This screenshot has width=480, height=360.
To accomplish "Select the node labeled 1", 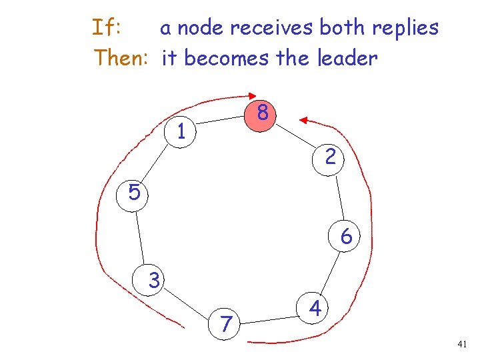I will point(181,131).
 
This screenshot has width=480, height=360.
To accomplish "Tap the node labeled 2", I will point(330,157).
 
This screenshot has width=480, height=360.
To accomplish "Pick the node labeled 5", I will point(134,193).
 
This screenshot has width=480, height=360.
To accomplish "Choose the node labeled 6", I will point(346,237).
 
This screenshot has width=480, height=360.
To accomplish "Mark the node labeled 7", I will point(227,324).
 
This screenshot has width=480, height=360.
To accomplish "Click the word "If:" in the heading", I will point(107,28).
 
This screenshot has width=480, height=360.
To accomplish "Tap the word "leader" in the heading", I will point(347,58).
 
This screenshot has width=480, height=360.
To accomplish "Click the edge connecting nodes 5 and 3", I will point(143,237).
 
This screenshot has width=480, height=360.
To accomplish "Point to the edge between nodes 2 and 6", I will point(339,198).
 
